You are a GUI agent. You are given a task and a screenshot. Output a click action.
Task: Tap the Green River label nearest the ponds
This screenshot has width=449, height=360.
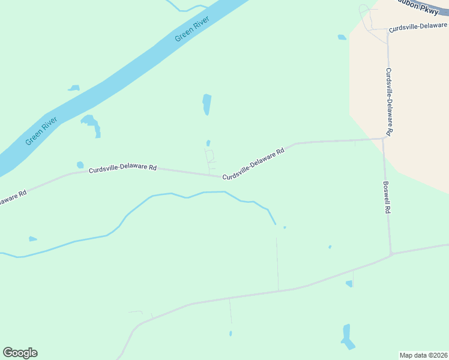coord(41,131)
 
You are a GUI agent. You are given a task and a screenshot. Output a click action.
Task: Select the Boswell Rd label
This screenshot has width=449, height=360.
coord(387,199)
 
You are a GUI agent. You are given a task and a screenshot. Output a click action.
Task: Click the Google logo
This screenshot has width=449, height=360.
coord(20,353)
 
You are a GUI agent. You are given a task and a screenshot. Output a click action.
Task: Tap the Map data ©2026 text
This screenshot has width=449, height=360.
coord(423,355)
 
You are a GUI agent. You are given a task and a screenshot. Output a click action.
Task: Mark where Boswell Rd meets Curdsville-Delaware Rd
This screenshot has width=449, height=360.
coord(384,139)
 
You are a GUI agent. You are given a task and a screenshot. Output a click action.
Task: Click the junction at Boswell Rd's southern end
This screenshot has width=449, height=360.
coord(391,254)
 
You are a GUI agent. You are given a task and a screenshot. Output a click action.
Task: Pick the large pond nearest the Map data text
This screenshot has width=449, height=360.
coord(346,337)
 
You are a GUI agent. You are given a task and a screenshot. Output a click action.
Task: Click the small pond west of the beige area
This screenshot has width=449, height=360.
coord(342,37)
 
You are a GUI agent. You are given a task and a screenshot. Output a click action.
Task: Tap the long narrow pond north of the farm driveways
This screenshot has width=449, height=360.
coord(206,104)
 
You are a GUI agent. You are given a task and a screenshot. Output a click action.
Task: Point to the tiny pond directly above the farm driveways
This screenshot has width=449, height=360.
coord(208,143)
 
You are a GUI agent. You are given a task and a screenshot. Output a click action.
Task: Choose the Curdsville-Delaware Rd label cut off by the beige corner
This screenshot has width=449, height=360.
coord(418,28)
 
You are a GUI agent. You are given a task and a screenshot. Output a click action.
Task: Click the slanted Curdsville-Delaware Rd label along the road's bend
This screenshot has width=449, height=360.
coord(253,164)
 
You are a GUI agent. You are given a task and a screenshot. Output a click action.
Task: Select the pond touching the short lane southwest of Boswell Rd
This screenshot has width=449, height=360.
coord(349,284)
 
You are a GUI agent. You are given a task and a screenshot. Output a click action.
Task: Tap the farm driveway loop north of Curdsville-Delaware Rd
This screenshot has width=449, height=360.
coord(209,156)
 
